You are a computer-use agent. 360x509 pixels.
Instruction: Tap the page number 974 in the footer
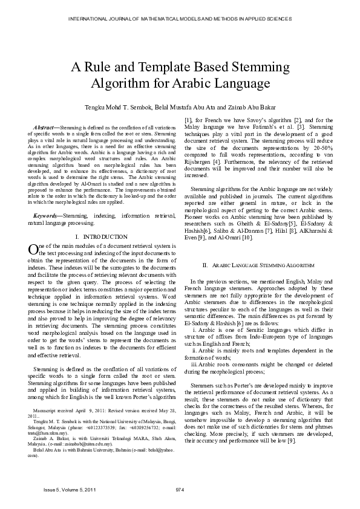click(180, 489)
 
